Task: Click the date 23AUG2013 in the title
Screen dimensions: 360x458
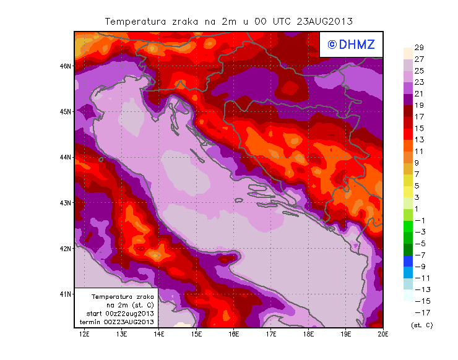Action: (325, 21)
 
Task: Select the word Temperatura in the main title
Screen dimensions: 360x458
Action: (134, 21)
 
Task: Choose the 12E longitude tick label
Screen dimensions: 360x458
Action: (84, 334)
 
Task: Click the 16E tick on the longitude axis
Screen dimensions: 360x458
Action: (234, 334)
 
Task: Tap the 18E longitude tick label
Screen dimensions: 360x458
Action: (308, 334)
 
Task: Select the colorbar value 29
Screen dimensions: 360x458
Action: (419, 48)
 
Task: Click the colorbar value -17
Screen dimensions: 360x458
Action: (419, 312)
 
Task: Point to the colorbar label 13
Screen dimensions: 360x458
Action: (419, 140)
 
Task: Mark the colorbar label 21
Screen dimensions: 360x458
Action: (419, 93)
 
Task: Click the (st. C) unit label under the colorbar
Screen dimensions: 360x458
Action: (421, 325)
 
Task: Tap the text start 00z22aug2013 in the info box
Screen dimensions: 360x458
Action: (116, 314)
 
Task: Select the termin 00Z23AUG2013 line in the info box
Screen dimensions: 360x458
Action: (116, 322)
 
